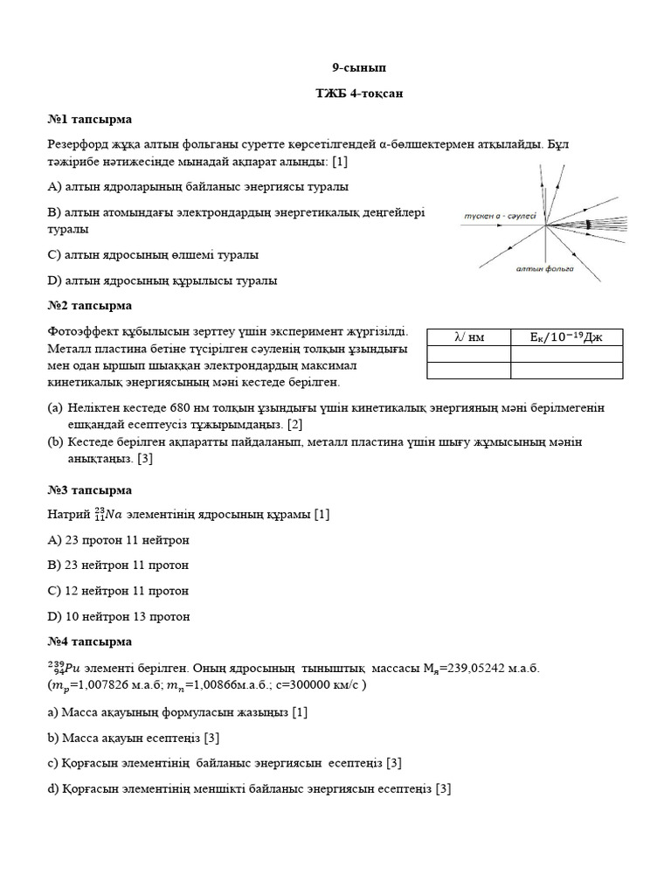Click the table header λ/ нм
coord(468,336)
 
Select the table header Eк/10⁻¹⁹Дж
coord(566,336)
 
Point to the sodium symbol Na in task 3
coord(110,515)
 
